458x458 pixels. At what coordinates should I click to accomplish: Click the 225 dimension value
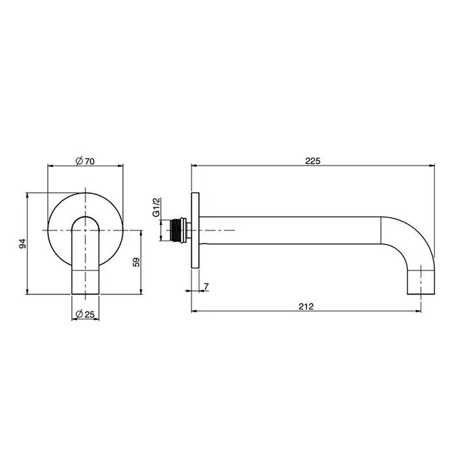[x=313, y=161]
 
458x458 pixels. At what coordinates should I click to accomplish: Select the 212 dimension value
[x=306, y=306]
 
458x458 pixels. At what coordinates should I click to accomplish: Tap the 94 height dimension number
[x=22, y=243]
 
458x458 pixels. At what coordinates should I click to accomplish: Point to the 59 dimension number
[x=136, y=262]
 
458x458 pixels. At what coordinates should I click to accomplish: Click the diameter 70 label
[x=85, y=161]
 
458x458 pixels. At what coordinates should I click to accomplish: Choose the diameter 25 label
[x=85, y=314]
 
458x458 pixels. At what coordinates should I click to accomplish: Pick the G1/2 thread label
[x=156, y=207]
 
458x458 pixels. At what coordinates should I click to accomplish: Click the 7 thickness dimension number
[x=207, y=287]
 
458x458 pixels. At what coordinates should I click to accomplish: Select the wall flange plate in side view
[x=195, y=230]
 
